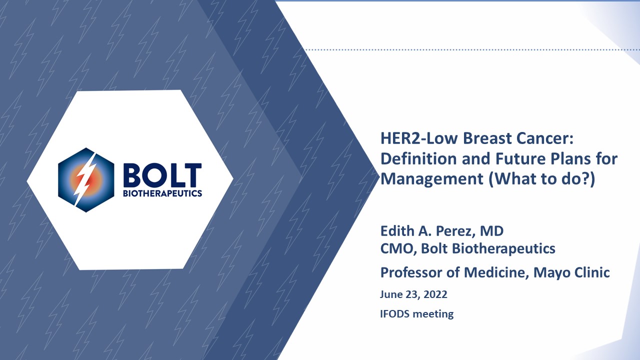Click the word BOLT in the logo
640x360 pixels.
[162, 175]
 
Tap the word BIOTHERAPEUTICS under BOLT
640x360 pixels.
[162, 193]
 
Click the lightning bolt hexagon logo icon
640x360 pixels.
[86, 180]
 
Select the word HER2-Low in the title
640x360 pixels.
[419, 138]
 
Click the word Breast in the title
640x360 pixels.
[487, 138]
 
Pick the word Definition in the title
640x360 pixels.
[418, 158]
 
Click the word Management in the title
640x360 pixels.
[432, 179]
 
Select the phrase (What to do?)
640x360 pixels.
[542, 179]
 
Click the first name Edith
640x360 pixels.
[397, 231]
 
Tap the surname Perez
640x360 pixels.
[455, 231]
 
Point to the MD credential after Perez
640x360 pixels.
[491, 231]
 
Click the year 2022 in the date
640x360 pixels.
[435, 294]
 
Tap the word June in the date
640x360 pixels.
[390, 294]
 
